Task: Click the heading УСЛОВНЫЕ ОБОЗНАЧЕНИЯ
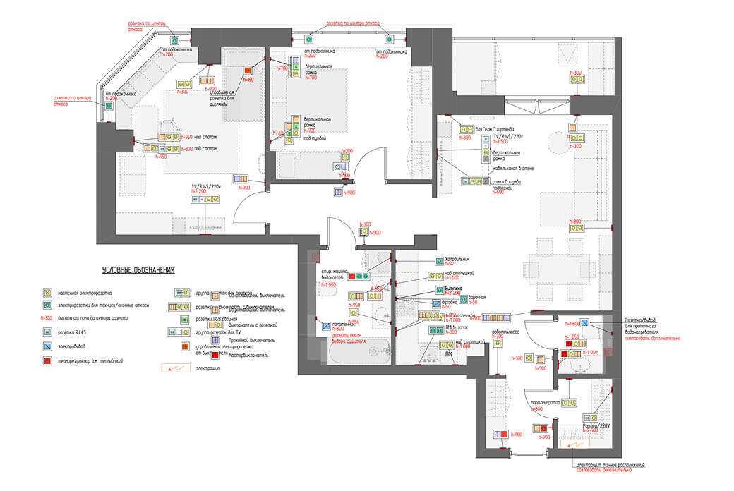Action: tap(138, 270)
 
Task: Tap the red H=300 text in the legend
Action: tap(47, 318)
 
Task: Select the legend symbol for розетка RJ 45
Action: tap(47, 332)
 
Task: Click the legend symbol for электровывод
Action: tap(47, 346)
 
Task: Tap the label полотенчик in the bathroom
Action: tap(342, 323)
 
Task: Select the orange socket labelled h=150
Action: tap(248, 71)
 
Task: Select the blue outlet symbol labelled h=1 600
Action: tap(585, 323)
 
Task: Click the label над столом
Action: tap(205, 138)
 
